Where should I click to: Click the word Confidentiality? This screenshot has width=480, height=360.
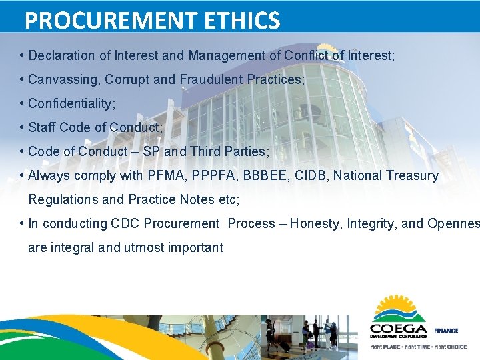71,103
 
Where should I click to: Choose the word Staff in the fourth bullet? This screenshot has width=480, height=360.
42,127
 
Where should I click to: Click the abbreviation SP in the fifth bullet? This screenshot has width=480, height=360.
151,151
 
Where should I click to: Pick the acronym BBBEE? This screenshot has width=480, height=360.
261,175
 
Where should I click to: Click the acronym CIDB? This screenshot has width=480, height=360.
311,175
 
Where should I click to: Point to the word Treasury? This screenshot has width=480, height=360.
413,175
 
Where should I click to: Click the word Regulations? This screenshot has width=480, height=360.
63,199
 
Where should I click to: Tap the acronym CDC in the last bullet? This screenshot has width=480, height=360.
126,223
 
